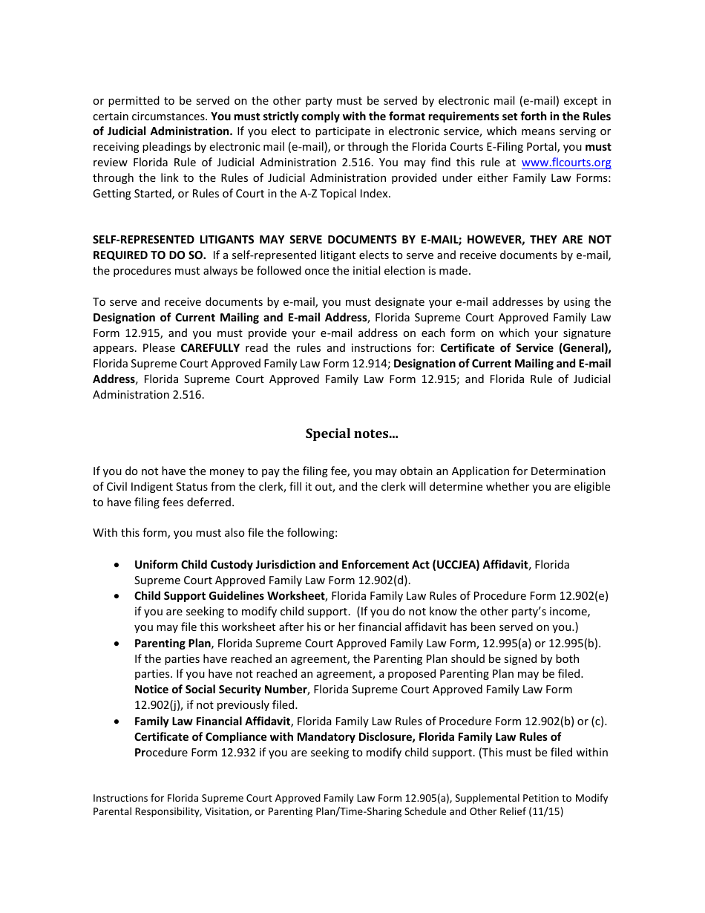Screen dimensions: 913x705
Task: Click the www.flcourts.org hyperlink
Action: (566, 163)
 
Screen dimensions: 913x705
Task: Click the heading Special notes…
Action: (352, 433)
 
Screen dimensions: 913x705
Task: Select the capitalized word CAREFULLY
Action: (210, 348)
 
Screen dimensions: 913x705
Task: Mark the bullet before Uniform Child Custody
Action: (117, 565)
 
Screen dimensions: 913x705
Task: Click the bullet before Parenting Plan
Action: (117, 644)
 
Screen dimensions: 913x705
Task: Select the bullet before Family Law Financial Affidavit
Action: (117, 721)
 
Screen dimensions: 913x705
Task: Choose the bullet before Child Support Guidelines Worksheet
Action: (117, 596)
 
